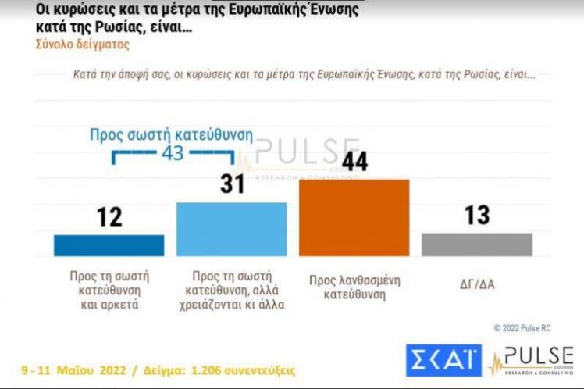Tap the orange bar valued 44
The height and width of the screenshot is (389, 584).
[x=354, y=217]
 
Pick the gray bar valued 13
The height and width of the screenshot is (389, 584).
[x=476, y=244]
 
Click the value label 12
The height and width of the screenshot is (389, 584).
[x=109, y=216]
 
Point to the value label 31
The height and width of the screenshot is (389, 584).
[x=232, y=184]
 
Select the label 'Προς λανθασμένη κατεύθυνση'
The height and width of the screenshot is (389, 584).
[x=354, y=285]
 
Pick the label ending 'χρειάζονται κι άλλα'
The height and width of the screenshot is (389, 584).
[x=231, y=290]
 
